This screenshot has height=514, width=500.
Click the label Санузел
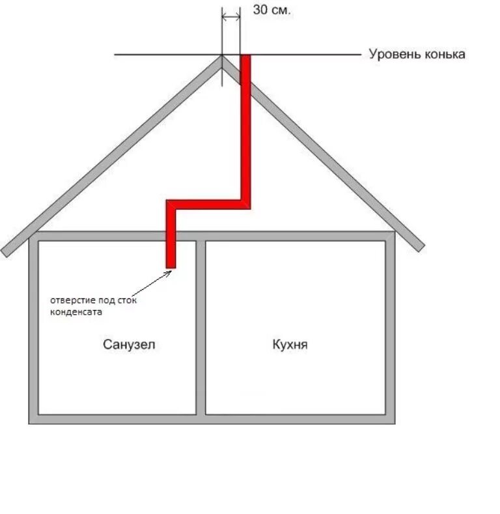pyautogui.click(x=129, y=344)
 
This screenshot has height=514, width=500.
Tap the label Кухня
pyautogui.click(x=290, y=344)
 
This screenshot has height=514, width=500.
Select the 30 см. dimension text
pyautogui.click(x=271, y=12)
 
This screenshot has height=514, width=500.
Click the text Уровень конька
pyautogui.click(x=417, y=54)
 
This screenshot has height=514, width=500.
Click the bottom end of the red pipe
pyautogui.click(x=171, y=264)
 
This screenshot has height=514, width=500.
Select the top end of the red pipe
pyautogui.click(x=245, y=58)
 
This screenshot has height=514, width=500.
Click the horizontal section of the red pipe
pyautogui.click(x=208, y=204)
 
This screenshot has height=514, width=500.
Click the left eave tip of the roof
pyautogui.click(x=5, y=251)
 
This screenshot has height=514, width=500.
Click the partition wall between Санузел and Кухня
pyautogui.click(x=201, y=326)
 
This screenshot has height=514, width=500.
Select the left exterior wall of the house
pyautogui.click(x=33, y=326)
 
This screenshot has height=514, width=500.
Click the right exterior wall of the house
pyautogui.click(x=391, y=326)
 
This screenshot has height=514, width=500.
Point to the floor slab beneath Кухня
pyautogui.click(x=296, y=419)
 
